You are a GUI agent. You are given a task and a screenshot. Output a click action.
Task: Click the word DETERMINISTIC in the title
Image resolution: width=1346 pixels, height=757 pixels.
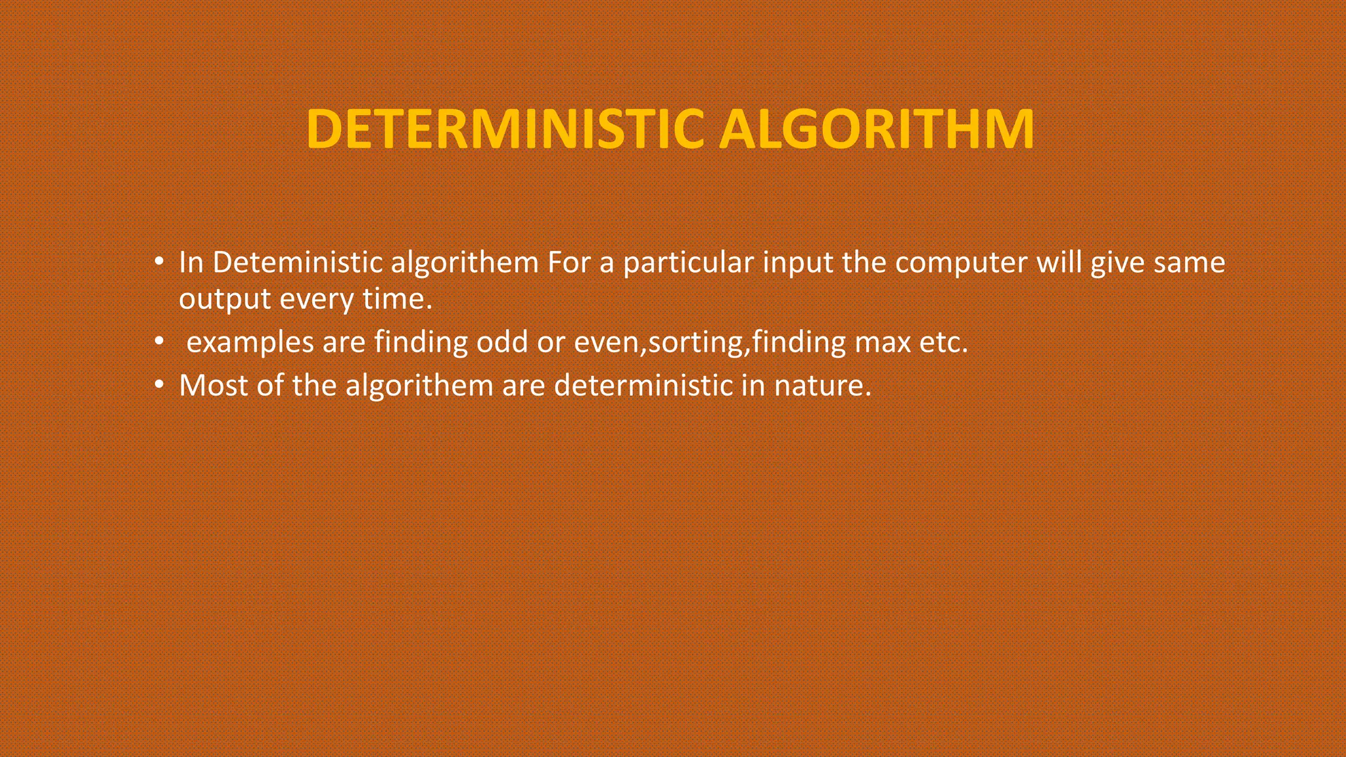tap(507, 129)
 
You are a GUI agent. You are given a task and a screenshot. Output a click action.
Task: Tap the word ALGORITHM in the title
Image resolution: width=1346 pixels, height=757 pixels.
tap(877, 129)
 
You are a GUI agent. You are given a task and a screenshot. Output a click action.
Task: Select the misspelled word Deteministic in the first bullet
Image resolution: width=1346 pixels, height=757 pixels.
tap(297, 263)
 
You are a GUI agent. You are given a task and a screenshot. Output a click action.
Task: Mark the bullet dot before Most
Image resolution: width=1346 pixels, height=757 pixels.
tap(158, 385)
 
